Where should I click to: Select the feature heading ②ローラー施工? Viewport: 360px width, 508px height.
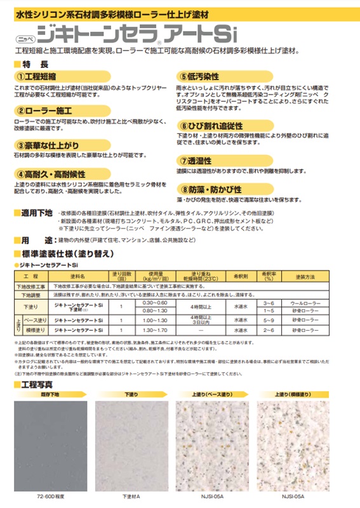click(x=44, y=110)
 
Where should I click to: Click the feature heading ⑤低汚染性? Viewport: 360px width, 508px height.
click(x=206, y=75)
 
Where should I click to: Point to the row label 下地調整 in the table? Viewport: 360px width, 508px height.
click(x=30, y=295)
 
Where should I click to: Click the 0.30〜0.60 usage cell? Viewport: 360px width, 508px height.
click(x=146, y=304)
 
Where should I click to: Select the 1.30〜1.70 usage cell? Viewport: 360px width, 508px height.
click(x=146, y=331)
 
